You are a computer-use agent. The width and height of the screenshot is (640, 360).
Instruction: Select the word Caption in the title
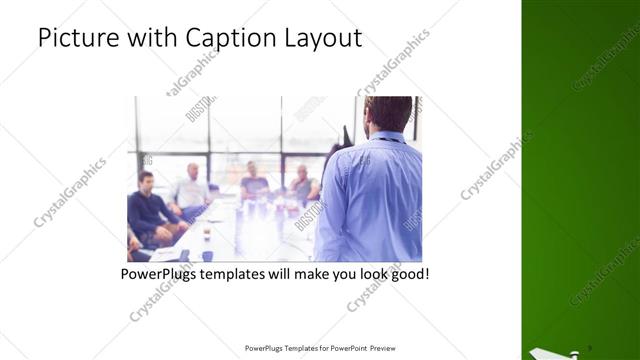coord(224,39)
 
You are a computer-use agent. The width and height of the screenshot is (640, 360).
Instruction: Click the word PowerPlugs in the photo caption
coord(160,273)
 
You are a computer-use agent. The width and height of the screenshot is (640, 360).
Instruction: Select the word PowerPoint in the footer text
coord(345,349)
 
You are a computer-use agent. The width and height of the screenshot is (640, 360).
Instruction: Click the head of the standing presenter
coord(387,114)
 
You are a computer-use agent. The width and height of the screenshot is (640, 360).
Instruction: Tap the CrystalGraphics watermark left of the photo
coord(70,193)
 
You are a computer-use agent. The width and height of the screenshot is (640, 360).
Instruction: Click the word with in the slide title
coord(149,39)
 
